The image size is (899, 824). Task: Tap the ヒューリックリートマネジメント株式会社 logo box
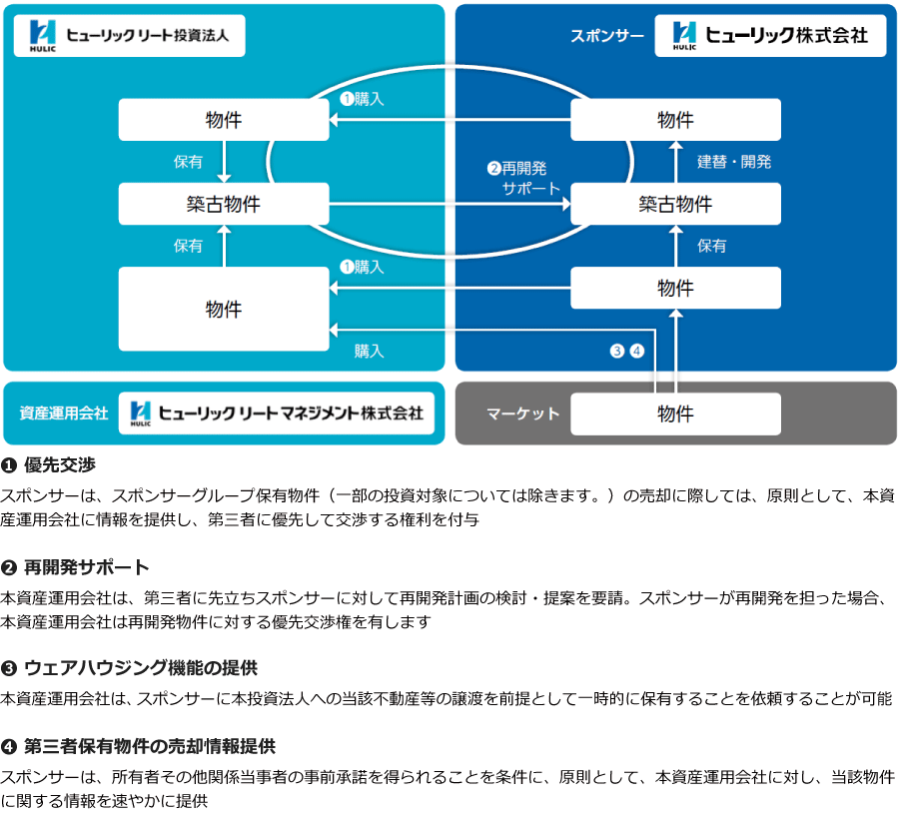277,412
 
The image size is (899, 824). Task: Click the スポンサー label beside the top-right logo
607,36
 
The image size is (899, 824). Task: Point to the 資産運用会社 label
64,412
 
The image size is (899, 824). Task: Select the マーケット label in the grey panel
522,413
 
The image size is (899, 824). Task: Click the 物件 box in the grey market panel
675,413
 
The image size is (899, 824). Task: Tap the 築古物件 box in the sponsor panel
675,204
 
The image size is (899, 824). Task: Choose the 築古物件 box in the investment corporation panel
224,204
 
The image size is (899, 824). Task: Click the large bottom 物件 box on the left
224,309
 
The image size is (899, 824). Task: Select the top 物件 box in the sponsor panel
675,120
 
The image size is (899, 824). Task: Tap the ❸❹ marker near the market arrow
627,351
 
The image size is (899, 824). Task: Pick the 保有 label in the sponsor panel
712,246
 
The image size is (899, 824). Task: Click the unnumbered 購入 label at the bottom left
369,351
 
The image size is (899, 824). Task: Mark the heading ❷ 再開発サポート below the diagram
75,567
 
